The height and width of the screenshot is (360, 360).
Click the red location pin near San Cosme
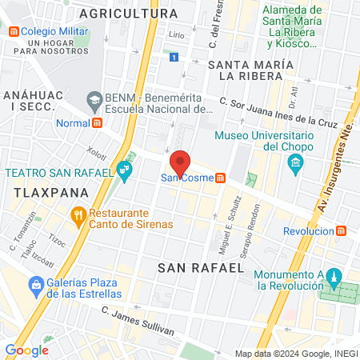[x=180, y=162]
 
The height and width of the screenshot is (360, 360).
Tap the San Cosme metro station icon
[x=219, y=178]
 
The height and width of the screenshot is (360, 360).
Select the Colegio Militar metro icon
[x=14, y=32]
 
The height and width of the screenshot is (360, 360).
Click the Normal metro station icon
[x=98, y=123]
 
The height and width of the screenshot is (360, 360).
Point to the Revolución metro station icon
[x=342, y=230]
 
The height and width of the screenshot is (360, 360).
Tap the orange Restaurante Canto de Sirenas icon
[x=78, y=214]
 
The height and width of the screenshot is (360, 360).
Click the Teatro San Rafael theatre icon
[x=123, y=169]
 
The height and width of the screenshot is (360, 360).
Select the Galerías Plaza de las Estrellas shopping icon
[x=36, y=284]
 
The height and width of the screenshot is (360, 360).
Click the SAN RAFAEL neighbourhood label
[x=200, y=267]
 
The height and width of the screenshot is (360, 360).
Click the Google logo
[x=26, y=350]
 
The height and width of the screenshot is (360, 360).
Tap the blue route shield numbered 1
[x=174, y=57]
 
